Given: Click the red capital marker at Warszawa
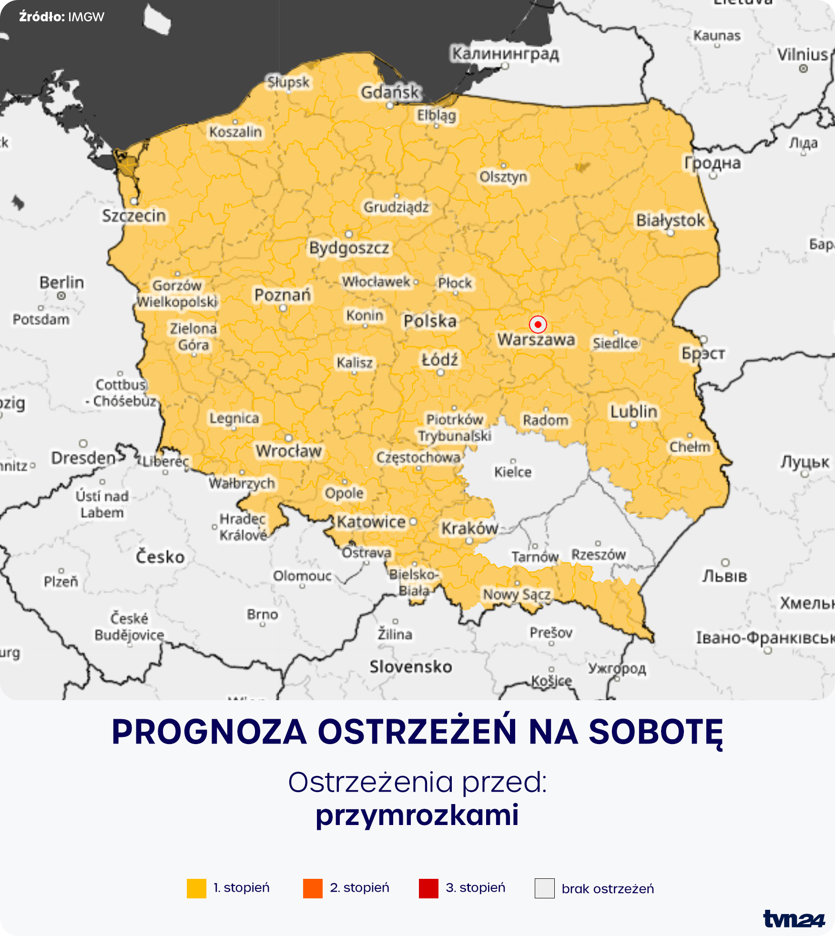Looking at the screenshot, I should pyautogui.click(x=538, y=324).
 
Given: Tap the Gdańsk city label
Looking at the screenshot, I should pyautogui.click(x=390, y=92).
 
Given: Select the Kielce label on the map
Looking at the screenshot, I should pyautogui.click(x=513, y=472).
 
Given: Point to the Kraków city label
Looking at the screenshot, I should pyautogui.click(x=469, y=528).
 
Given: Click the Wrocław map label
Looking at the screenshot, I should pyautogui.click(x=289, y=451).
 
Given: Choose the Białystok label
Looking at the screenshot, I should pyautogui.click(x=670, y=220).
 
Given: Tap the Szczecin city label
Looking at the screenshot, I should pyautogui.click(x=134, y=216).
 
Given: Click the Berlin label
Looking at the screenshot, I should pyautogui.click(x=61, y=282).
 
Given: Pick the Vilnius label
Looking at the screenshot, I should pyautogui.click(x=803, y=55).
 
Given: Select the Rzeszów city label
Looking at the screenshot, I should pyautogui.click(x=598, y=554).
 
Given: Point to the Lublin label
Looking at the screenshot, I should pyautogui.click(x=633, y=412).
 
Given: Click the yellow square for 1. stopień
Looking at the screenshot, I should pyautogui.click(x=196, y=888).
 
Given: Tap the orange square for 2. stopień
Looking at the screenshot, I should pyautogui.click(x=313, y=888).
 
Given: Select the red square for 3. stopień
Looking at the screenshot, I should pyautogui.click(x=428, y=888).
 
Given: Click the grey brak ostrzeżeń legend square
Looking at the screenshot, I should pyautogui.click(x=544, y=888).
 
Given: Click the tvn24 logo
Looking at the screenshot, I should pyautogui.click(x=794, y=919).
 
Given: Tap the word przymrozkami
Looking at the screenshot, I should pyautogui.click(x=417, y=815).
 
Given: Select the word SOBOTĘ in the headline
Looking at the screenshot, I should pyautogui.click(x=656, y=732).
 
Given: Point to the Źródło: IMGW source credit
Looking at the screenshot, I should pyautogui.click(x=61, y=17).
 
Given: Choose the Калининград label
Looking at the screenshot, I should pyautogui.click(x=505, y=53).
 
